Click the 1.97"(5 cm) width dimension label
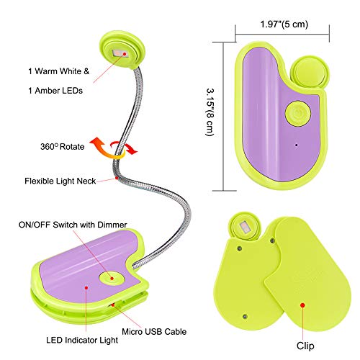(x=284, y=24)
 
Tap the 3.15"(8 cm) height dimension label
(x=210, y=112)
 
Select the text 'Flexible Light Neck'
(x=60, y=181)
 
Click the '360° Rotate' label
(x=63, y=146)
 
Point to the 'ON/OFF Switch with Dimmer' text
(x=73, y=225)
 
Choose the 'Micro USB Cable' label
(x=154, y=332)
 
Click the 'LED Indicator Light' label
(x=82, y=340)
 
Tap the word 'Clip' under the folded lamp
(x=305, y=346)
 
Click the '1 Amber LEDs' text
(x=55, y=91)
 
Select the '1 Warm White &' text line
(x=59, y=71)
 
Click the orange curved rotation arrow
(x=106, y=149)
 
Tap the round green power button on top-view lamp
(x=298, y=114)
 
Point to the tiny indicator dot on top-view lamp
(x=297, y=145)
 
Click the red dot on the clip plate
(x=302, y=305)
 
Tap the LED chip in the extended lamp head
(x=120, y=53)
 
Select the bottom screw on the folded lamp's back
(x=245, y=317)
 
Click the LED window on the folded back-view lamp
(x=245, y=226)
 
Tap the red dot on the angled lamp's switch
(x=112, y=279)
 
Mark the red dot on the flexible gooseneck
(x=117, y=178)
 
